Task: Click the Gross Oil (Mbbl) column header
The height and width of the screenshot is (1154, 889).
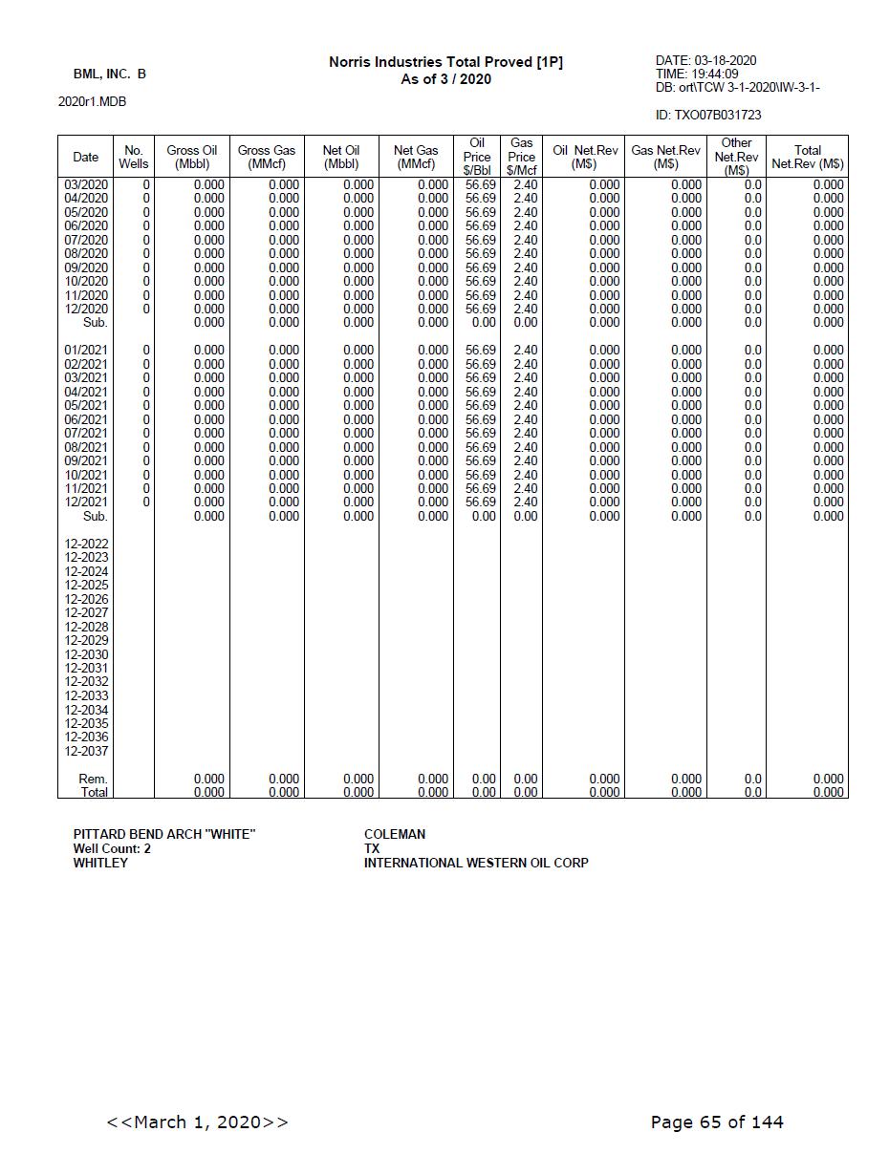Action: coord(192,157)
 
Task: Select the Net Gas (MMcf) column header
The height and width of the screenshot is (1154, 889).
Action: coord(416,157)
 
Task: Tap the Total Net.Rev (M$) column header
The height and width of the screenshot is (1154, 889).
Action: coord(808,157)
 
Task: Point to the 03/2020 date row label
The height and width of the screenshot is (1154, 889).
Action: coord(86,184)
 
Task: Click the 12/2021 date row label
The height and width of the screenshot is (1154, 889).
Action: coord(86,502)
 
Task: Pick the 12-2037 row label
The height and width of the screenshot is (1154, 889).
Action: coord(86,751)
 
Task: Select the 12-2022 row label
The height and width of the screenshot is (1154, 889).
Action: coord(86,544)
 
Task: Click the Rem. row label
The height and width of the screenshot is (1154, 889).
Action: coord(93,779)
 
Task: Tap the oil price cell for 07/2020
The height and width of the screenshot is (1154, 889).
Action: coord(480,240)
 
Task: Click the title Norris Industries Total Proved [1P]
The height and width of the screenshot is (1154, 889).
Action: coord(445,62)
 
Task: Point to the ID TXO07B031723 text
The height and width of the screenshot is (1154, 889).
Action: coord(708,115)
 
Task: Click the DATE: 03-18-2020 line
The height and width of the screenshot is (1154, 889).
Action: coord(705,60)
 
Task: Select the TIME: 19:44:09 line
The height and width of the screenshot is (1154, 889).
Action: coord(697,74)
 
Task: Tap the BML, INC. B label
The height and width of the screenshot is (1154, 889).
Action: coord(110,74)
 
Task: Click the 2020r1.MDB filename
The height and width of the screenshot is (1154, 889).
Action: coord(92,101)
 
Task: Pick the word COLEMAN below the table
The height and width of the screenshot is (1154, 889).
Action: coord(395,834)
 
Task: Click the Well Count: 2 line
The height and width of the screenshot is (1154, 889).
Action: coord(112,848)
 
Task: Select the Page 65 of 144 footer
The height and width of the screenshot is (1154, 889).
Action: coord(717,1122)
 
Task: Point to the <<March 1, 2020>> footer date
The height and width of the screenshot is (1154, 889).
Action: coord(198,1122)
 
